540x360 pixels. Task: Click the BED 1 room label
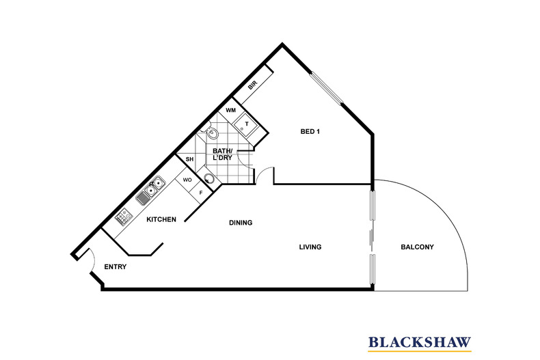click(310, 131)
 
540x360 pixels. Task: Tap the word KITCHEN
click(161, 219)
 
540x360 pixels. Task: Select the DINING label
click(241, 223)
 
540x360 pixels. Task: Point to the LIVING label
click(310, 247)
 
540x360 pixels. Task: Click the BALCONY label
click(417, 247)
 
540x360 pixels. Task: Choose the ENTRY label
click(116, 266)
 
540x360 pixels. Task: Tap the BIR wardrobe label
click(252, 85)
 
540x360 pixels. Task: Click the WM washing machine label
click(231, 110)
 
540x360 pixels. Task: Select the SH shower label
click(189, 159)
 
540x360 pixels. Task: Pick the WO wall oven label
click(187, 180)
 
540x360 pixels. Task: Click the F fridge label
click(201, 193)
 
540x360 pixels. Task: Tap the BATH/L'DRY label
click(222, 154)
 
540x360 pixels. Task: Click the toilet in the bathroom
click(211, 133)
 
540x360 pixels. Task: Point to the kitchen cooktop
click(124, 217)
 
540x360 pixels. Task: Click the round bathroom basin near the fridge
click(208, 179)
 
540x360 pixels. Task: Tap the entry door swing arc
click(92, 259)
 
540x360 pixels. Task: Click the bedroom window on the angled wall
click(327, 88)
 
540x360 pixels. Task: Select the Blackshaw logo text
click(420, 342)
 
